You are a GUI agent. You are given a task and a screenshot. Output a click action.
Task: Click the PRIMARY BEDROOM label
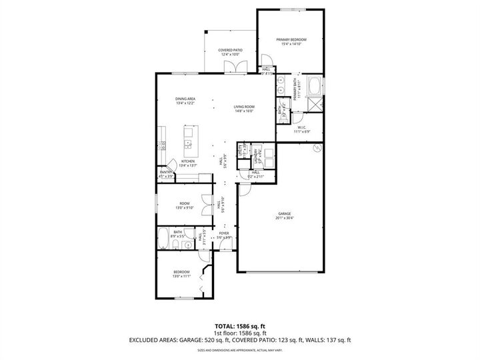point(290,40)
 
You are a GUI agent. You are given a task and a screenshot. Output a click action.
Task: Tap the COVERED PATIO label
point(229,51)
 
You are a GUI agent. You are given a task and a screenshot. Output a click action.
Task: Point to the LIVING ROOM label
point(244,107)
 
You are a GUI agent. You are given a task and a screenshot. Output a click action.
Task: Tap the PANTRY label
point(166,172)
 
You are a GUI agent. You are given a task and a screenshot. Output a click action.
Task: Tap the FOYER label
point(224,234)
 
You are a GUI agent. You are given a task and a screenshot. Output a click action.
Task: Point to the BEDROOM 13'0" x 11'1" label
point(182,271)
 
